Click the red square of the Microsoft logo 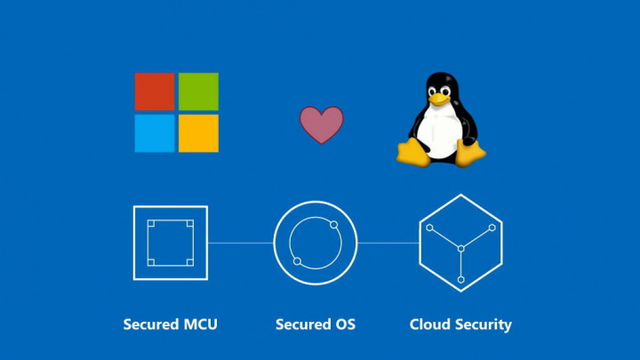(155, 92)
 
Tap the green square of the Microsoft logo (198, 92)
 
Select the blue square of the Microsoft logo (155, 133)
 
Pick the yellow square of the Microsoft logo (198, 133)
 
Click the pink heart (321, 125)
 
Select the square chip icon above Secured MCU (170, 243)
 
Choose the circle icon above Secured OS (315, 243)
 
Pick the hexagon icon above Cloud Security (460, 243)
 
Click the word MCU (199, 324)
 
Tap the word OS (344, 324)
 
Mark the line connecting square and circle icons (240, 243)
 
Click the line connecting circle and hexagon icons (388, 243)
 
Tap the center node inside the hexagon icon (460, 250)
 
